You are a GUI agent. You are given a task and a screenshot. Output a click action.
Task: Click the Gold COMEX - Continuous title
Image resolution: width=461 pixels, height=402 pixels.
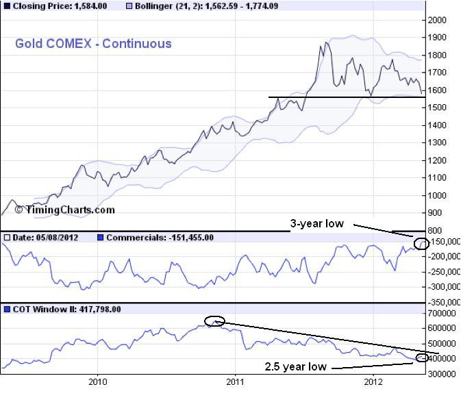coord(93,44)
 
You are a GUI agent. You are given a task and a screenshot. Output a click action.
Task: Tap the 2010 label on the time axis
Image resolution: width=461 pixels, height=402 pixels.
coord(98,381)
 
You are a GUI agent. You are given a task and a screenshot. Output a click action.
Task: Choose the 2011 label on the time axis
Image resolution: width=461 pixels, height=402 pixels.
coord(236,381)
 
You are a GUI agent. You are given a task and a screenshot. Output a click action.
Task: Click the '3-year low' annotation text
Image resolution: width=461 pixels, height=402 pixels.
coord(316,223)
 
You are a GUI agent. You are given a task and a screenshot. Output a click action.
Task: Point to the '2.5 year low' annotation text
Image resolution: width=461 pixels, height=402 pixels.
coord(295,367)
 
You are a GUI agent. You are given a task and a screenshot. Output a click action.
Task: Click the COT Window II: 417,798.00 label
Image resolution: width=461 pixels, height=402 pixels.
coord(66,310)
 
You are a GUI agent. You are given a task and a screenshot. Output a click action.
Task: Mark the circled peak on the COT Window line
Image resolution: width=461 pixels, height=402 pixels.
coord(214,321)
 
